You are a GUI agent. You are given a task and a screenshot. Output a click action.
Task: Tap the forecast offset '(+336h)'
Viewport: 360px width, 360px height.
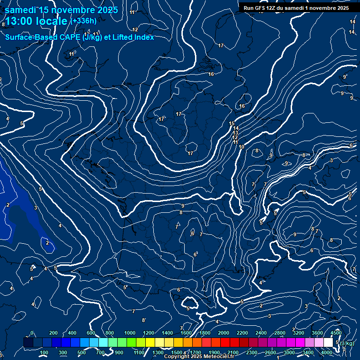[83, 21]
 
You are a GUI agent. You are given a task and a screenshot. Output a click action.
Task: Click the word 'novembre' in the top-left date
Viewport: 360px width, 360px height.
[67, 10]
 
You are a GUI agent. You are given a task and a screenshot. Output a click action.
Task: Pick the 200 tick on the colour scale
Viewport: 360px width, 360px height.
[53, 333]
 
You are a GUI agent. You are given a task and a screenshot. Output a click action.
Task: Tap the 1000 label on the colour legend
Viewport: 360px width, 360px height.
[130, 333]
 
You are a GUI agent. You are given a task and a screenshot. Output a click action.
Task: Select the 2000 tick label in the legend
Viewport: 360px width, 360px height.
[224, 333]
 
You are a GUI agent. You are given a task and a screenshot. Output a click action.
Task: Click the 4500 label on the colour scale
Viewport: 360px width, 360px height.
[336, 333]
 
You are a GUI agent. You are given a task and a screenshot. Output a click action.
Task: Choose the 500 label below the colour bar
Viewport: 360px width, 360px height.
[82, 352]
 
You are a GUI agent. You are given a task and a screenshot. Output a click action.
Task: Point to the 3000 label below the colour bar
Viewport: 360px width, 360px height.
[289, 352]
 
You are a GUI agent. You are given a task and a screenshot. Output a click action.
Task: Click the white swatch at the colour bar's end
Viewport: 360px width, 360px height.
[328, 343]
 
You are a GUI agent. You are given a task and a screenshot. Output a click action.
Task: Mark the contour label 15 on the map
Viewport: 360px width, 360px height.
[232, 123]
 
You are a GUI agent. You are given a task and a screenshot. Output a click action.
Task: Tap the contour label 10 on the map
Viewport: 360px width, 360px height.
[241, 147]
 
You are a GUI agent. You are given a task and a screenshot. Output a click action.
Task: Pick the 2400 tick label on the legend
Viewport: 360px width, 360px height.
[261, 333]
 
